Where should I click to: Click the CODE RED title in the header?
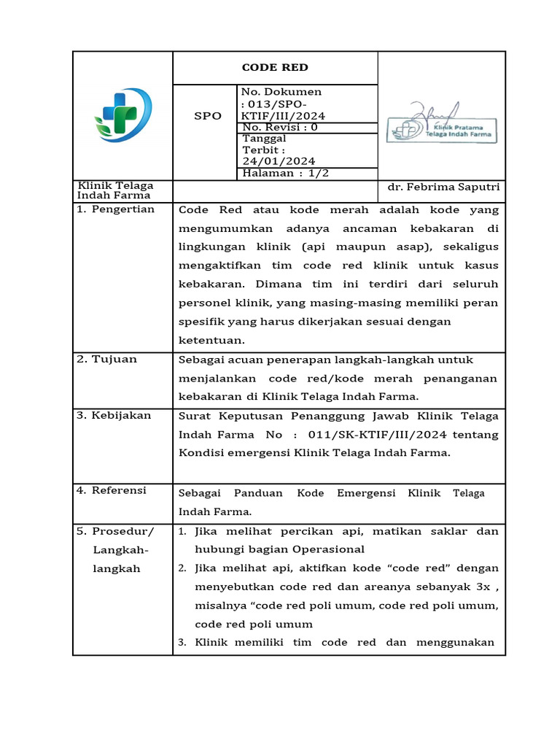pyautogui.click(x=275, y=68)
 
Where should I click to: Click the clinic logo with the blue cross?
pyautogui.click(x=122, y=115)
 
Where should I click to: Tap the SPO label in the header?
pyautogui.click(x=207, y=116)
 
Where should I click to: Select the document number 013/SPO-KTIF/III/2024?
pyautogui.click(x=284, y=109)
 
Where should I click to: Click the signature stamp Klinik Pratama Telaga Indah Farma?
pyautogui.click(x=442, y=125)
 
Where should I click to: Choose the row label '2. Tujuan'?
pyautogui.click(x=107, y=359)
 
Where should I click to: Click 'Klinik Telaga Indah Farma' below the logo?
pyautogui.click(x=115, y=190)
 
